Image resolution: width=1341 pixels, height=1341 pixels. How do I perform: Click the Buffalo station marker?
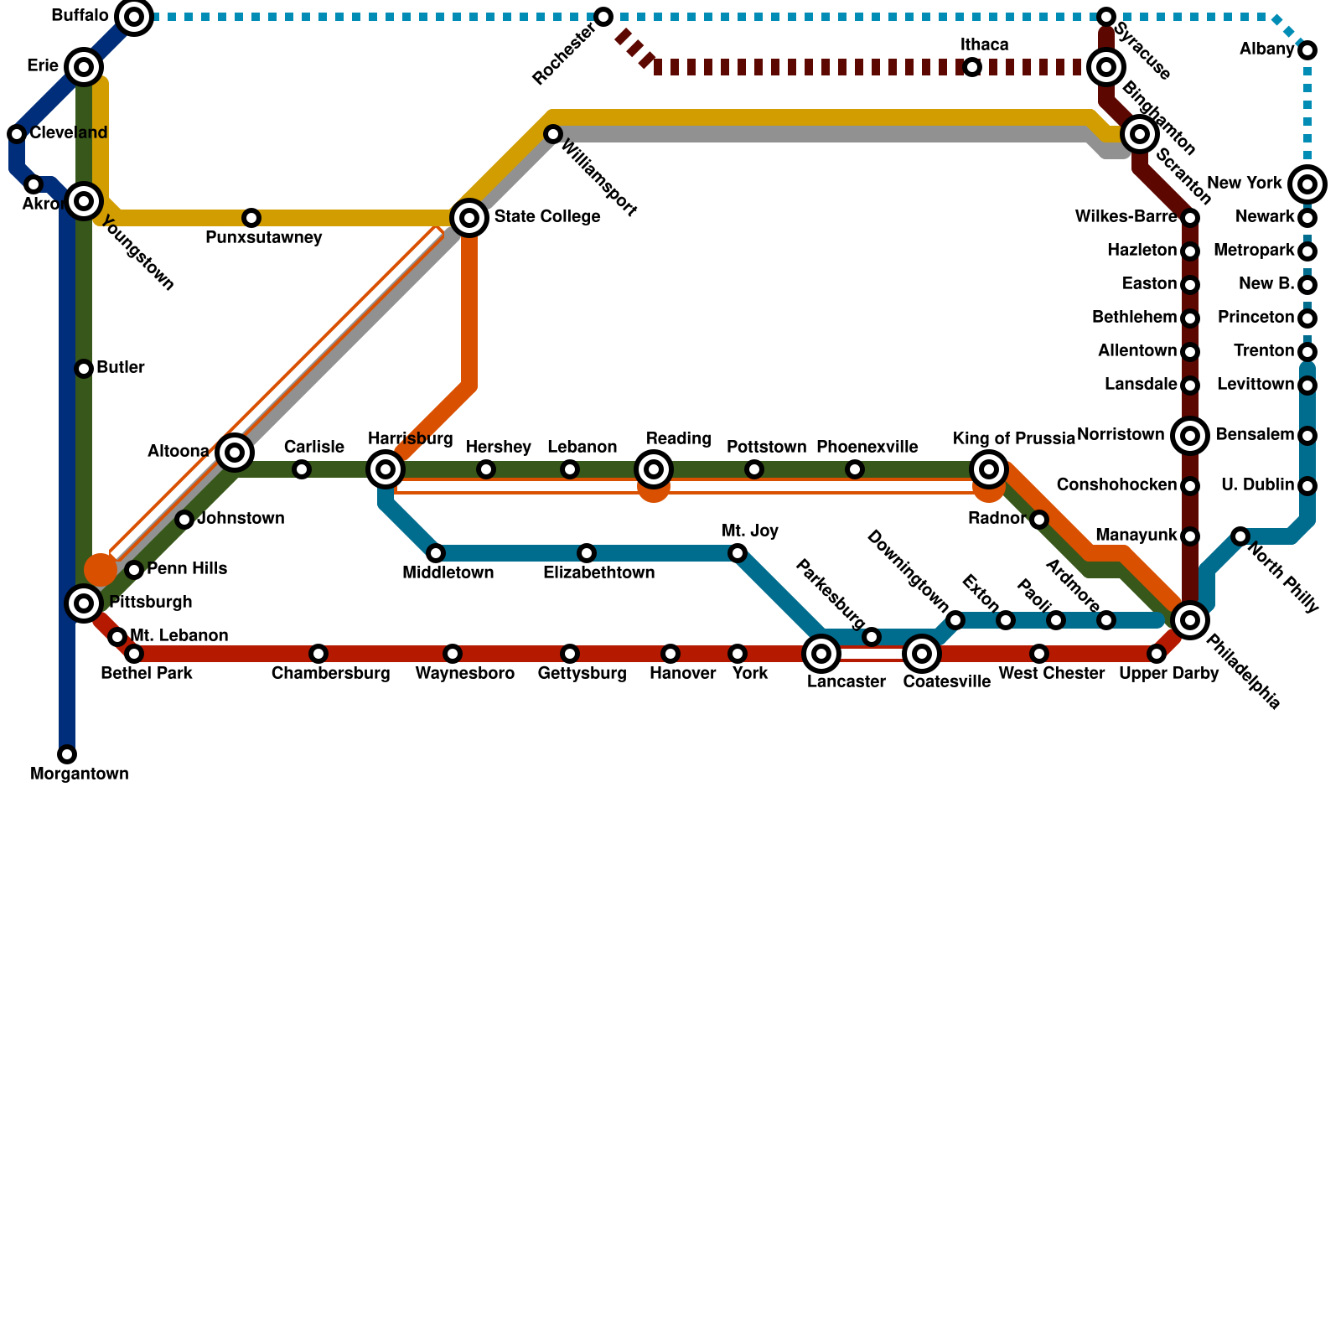[134, 17]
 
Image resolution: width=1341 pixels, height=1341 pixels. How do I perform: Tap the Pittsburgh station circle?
[84, 603]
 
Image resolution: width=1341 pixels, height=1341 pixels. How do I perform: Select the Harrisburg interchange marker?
[386, 469]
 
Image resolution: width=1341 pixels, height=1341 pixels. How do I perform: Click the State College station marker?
[469, 218]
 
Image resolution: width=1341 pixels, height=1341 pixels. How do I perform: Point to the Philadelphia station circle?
[1189, 620]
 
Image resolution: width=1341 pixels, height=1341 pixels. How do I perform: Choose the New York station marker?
[1307, 184]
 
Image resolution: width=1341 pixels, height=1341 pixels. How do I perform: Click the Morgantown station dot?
[67, 754]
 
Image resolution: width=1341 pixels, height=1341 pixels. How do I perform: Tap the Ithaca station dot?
[972, 67]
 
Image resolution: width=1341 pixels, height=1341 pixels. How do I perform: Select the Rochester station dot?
[603, 17]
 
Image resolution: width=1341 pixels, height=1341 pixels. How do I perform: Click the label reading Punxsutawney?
[263, 238]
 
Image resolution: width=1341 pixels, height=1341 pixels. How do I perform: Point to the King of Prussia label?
[1013, 439]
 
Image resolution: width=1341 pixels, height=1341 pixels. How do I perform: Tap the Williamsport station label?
[598, 179]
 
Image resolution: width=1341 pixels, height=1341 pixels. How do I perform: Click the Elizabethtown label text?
[598, 573]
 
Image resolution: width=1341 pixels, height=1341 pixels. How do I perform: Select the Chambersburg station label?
[330, 674]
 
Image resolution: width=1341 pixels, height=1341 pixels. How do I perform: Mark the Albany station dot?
[1307, 50]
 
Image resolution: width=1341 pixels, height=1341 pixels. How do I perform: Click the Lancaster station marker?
[821, 654]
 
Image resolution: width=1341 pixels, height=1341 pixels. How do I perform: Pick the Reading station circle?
[654, 469]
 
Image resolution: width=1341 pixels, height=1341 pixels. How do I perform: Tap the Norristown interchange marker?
[1190, 436]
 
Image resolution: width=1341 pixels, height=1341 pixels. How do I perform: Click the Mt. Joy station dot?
[738, 553]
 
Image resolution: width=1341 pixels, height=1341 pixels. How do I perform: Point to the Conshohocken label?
[1116, 485]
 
